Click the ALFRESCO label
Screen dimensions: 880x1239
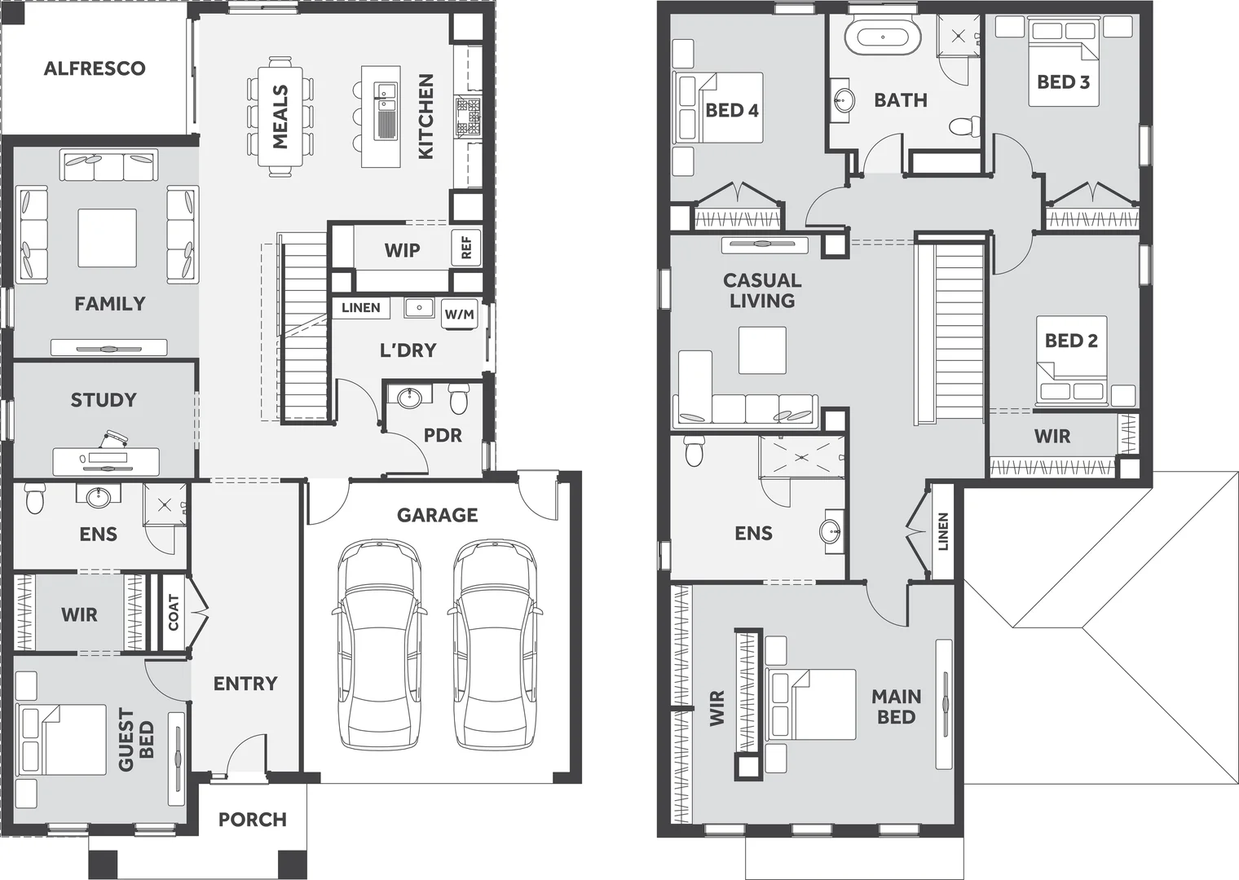95,68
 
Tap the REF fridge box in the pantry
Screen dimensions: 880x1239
466,247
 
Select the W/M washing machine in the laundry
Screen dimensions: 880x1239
460,315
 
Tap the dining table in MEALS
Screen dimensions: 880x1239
280,117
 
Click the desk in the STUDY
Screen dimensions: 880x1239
105,461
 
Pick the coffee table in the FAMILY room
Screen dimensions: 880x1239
107,238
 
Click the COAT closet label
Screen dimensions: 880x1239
173,613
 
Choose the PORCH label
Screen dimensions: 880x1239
253,820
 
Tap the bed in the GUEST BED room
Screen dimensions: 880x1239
63,740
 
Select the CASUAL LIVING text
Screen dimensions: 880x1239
762,290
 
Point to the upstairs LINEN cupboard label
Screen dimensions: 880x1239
943,531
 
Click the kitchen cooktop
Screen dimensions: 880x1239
469,117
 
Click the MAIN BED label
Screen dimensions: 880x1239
896,706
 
